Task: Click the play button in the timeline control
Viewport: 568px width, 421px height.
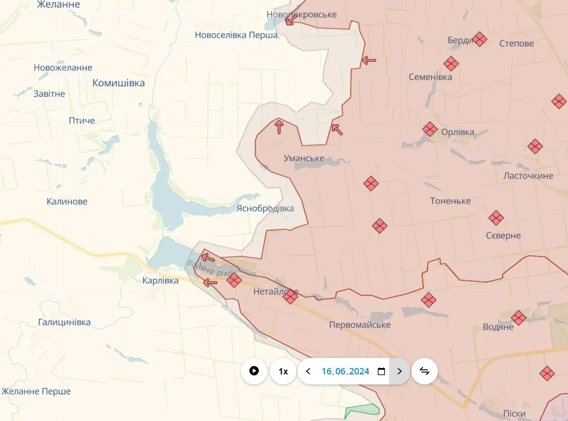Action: pos(254,371)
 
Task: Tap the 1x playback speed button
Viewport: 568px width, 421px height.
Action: pos(283,371)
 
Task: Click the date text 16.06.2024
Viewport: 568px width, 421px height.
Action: pos(345,371)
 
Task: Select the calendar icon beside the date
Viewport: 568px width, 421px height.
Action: pos(381,371)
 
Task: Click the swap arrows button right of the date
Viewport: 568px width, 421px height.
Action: pos(424,371)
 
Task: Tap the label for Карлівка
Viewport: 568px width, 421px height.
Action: pos(160,281)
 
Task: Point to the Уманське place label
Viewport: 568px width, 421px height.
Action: pos(304,158)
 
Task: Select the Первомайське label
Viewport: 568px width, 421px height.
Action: pos(360,325)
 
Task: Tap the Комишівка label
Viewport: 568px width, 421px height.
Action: pos(119,83)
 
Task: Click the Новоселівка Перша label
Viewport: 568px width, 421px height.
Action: pos(236,35)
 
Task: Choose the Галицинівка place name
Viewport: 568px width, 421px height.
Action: pos(64,322)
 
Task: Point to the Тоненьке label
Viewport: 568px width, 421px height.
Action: pos(450,201)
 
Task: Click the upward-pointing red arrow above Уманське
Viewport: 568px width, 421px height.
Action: pos(279,126)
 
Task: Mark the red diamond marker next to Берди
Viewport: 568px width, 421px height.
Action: pos(480,39)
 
